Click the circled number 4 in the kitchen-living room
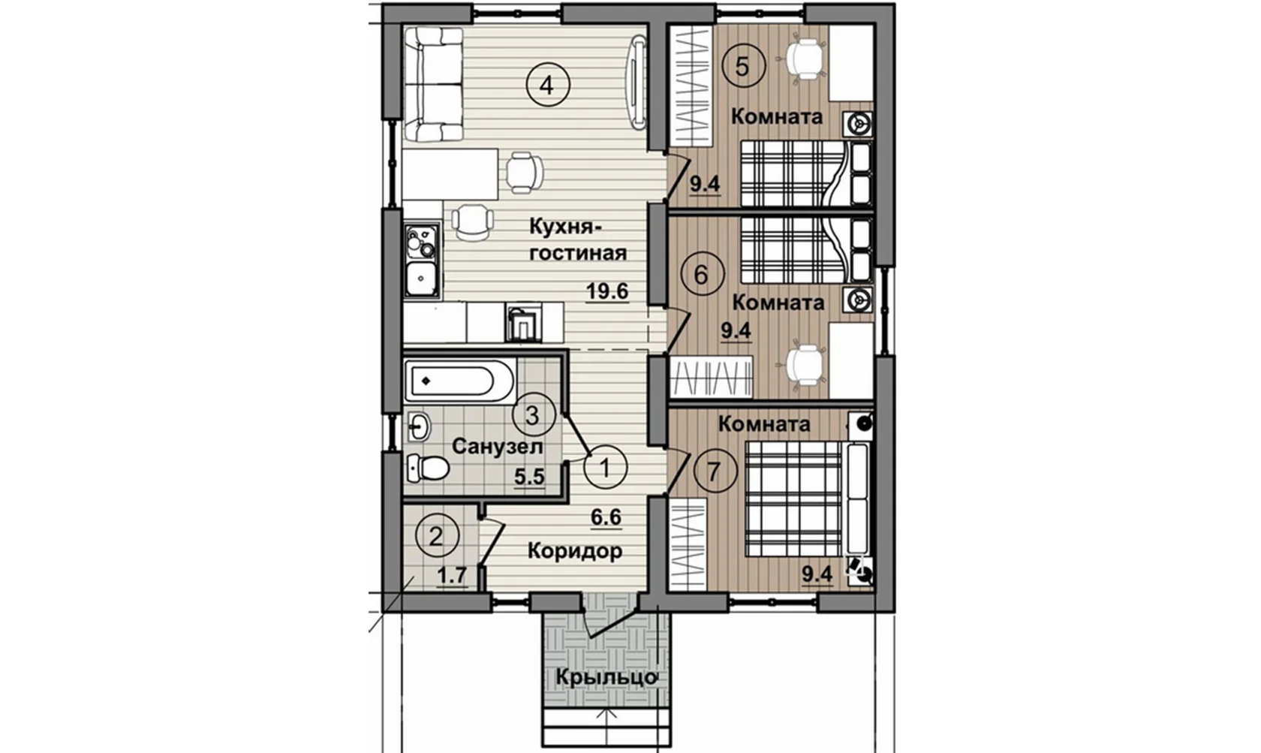tap(548, 85)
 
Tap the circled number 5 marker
tap(742, 67)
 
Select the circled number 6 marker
tap(701, 275)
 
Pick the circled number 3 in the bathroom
tap(533, 415)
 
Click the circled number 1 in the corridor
tap(605, 468)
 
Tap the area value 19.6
tap(606, 292)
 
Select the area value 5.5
tap(530, 477)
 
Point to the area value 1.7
tap(453, 576)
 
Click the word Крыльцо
tap(606, 676)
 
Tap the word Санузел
tap(498, 447)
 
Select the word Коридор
tap(575, 550)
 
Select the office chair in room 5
tap(804, 59)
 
